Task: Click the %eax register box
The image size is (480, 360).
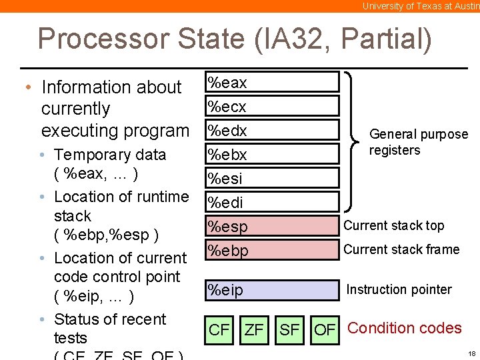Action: pyautogui.click(x=271, y=82)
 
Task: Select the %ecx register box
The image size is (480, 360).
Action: pyautogui.click(x=271, y=106)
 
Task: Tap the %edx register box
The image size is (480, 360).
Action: pyautogui.click(x=271, y=130)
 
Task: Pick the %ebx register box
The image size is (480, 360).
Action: pyautogui.click(x=271, y=154)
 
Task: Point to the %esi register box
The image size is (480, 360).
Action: pyautogui.click(x=271, y=178)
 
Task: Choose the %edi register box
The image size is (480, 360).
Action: pyautogui.click(x=271, y=202)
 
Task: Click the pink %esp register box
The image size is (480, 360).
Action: pyautogui.click(x=271, y=226)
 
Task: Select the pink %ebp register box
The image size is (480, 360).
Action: pyautogui.click(x=271, y=250)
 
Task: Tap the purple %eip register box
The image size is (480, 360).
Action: pyautogui.click(x=271, y=290)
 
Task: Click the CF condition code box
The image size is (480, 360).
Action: pyautogui.click(x=219, y=329)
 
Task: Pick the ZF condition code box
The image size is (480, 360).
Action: pyautogui.click(x=254, y=329)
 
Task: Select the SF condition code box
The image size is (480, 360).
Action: pyautogui.click(x=289, y=329)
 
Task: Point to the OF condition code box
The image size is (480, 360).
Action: pyautogui.click(x=325, y=329)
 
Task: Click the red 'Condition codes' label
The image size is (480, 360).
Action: pyautogui.click(x=405, y=328)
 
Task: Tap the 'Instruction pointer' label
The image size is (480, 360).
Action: pyautogui.click(x=399, y=289)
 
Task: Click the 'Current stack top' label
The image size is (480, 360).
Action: pyautogui.click(x=393, y=225)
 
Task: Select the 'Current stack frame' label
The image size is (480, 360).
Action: pyautogui.click(x=401, y=249)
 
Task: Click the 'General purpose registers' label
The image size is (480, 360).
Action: pyautogui.click(x=418, y=142)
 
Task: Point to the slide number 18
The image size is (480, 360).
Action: pyautogui.click(x=471, y=353)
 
